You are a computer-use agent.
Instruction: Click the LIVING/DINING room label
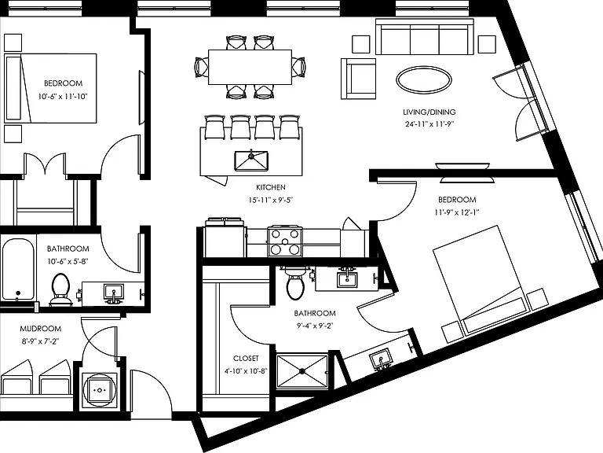point(429,112)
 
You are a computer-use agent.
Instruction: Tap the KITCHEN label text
point(271,188)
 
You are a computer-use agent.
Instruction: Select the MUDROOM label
point(40,329)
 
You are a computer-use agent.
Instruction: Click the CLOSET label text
point(246,359)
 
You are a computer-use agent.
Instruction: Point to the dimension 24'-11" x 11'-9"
point(429,124)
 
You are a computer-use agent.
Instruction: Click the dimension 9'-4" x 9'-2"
point(315,326)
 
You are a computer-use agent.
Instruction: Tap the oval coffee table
point(424,80)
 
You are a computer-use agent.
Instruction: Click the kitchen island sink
point(251,160)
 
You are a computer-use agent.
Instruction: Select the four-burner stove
point(284,241)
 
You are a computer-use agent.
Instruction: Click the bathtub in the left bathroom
point(18,269)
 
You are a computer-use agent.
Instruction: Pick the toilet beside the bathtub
point(60,289)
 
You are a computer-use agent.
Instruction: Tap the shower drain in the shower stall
point(302,371)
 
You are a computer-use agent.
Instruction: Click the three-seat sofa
point(424,37)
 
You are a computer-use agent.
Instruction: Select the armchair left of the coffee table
point(358,79)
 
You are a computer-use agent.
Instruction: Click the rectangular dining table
point(250,67)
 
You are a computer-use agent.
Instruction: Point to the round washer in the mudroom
point(100,390)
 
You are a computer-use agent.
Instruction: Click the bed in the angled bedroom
point(480,281)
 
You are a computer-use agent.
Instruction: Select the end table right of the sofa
point(487,44)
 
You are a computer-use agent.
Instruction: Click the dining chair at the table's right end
point(299,67)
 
